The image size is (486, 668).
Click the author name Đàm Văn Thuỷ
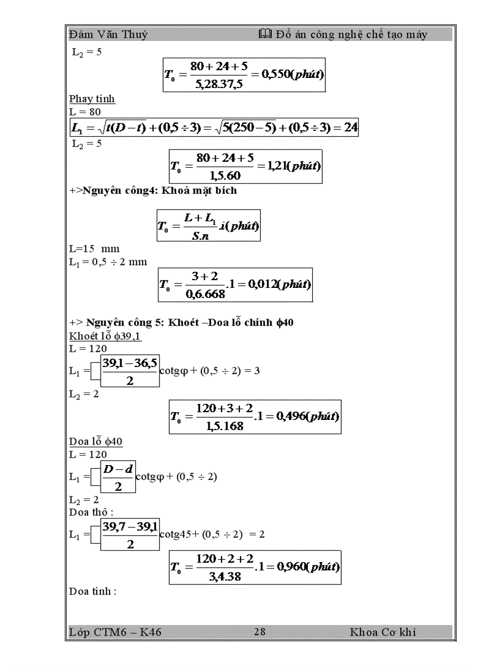108,35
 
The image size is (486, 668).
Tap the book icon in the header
266,35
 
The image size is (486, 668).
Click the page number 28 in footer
260,632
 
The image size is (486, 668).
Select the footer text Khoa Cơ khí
383,632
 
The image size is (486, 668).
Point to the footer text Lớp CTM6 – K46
115,632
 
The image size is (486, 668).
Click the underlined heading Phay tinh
92,99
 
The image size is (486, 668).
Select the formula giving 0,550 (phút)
244,74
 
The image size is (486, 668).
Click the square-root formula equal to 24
214,127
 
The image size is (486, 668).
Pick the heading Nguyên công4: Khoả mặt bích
160,190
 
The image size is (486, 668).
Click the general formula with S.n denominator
208,225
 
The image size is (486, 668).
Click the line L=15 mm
94,249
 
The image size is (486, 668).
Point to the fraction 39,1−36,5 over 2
130,371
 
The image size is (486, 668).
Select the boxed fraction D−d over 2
117,477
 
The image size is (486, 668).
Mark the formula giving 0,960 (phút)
255,567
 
